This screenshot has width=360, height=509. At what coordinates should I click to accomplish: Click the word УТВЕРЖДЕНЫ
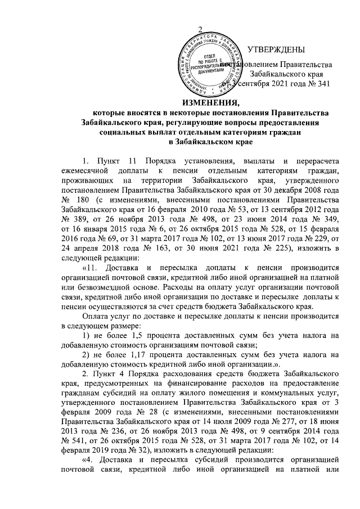276,48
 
